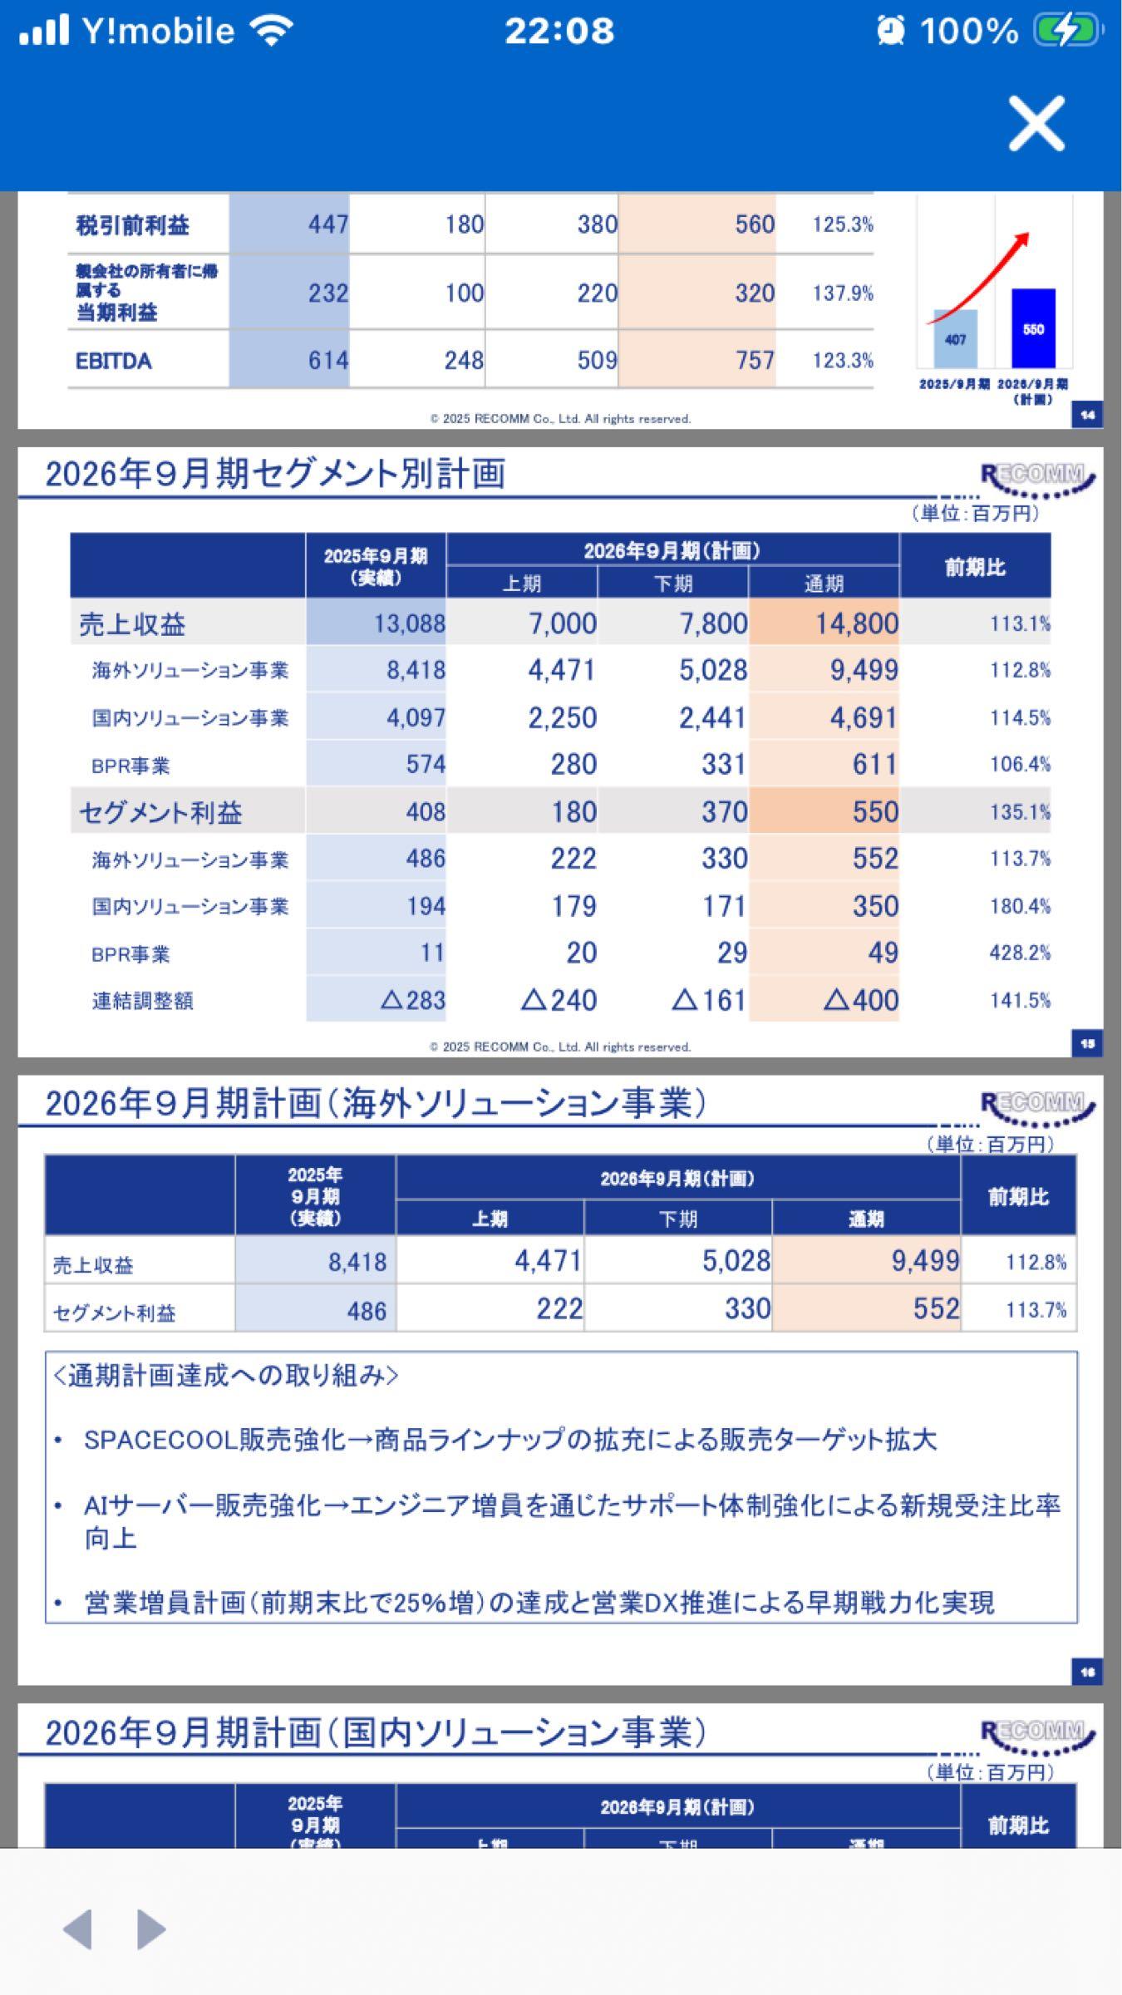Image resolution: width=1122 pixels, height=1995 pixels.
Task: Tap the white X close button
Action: (1036, 124)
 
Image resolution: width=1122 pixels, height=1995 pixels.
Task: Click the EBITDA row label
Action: (114, 361)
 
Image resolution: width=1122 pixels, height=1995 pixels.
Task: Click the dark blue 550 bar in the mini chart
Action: (1033, 328)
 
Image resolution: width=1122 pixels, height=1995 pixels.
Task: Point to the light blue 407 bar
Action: (955, 339)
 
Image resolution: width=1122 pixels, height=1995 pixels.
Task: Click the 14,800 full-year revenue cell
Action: (856, 623)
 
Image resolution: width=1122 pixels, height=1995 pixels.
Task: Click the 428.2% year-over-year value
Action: (1019, 953)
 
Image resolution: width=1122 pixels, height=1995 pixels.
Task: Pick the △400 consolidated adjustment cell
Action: (861, 1000)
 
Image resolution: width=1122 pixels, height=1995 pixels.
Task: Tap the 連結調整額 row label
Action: (142, 1001)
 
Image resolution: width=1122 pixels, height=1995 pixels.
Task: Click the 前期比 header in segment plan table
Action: (975, 567)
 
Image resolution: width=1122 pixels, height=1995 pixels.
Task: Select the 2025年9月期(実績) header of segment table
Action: (376, 566)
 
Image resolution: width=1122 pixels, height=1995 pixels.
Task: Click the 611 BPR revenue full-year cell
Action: (873, 765)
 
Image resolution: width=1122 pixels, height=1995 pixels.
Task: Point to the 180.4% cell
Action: (1019, 906)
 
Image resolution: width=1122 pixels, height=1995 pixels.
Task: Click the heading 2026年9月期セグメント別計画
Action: (275, 474)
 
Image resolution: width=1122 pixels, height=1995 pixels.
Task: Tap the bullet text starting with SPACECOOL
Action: (509, 1440)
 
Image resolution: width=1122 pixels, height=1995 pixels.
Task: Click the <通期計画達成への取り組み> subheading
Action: (225, 1376)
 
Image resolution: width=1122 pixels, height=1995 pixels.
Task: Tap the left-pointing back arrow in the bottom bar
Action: (77, 1928)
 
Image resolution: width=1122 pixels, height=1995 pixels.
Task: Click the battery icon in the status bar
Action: (1067, 32)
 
